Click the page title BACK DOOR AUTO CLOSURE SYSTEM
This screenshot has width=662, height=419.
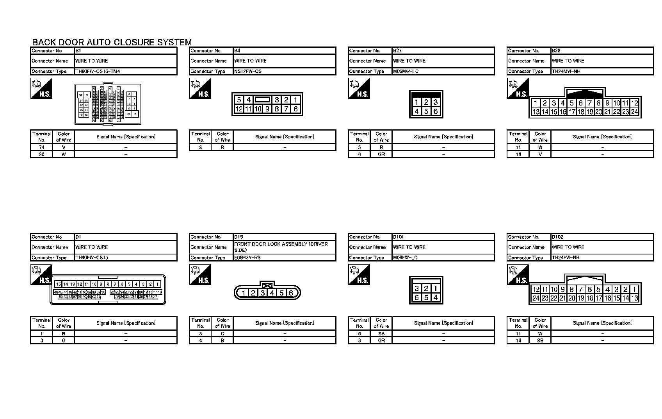112,42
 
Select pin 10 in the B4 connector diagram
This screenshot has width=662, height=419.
258,109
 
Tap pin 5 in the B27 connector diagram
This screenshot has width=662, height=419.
426,111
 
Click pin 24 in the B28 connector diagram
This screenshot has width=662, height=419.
634,112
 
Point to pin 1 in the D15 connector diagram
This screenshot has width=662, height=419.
244,293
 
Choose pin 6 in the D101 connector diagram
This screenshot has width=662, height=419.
417,297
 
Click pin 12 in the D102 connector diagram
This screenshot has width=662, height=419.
536,290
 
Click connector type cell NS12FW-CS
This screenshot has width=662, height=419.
248,72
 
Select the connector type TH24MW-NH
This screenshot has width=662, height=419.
566,72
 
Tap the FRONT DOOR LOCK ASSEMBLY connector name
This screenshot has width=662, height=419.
281,247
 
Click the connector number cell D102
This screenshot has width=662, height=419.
557,237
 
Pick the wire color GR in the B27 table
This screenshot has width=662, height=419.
381,154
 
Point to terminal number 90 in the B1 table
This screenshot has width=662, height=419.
42,154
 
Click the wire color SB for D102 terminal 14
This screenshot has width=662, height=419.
540,340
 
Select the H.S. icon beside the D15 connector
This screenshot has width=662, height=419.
200,274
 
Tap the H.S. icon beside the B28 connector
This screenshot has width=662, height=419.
518,88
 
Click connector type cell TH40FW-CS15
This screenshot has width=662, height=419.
92,258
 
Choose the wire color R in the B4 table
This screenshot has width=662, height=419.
222,147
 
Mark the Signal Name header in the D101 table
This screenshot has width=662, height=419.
443,323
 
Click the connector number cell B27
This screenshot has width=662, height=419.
397,51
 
